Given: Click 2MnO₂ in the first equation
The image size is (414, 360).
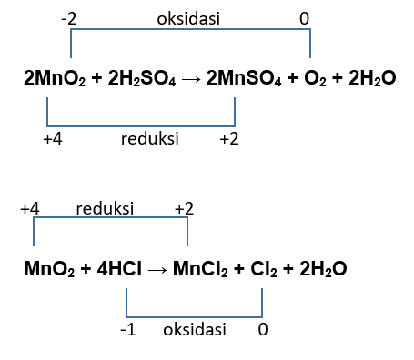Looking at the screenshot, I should tap(53, 79).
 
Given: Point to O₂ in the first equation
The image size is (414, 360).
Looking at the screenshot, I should tap(314, 79).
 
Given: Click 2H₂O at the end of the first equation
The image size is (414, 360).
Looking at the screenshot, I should tap(369, 79).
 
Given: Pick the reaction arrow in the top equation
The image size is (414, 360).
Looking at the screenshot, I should tap(190, 79).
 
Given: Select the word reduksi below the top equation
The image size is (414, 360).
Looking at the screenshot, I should tap(149, 139).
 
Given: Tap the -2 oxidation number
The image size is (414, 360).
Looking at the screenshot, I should tap(68, 17).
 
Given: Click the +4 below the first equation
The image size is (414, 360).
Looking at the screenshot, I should tap(52, 139).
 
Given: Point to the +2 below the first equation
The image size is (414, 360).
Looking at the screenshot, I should tap(229, 139).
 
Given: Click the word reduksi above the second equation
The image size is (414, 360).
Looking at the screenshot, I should tap(105, 209).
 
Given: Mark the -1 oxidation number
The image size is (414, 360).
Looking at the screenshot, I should tap(127, 329).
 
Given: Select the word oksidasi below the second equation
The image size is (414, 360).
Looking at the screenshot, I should tap(193, 329).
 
